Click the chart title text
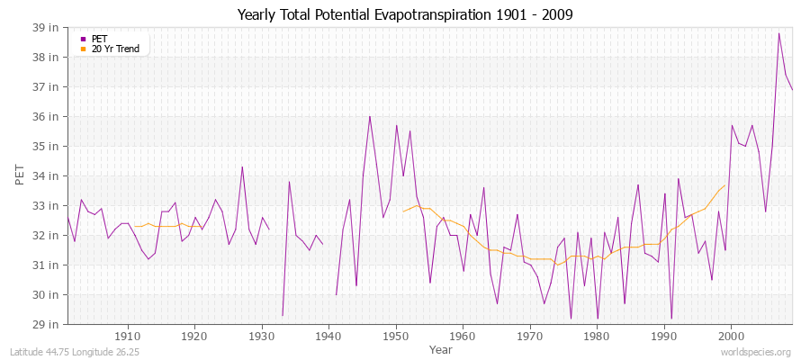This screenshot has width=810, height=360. point(404,14)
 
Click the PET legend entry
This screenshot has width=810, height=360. point(99,39)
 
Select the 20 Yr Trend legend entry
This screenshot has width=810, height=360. point(114,49)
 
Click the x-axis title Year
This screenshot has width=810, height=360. point(441,349)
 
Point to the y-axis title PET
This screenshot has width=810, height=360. point(20,175)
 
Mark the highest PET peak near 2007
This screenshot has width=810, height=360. point(778,33)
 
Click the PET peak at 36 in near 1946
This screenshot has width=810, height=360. point(369,116)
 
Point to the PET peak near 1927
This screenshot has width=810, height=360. point(242,166)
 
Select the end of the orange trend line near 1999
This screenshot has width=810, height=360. point(724,185)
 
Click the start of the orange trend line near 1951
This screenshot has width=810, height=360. point(403,211)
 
